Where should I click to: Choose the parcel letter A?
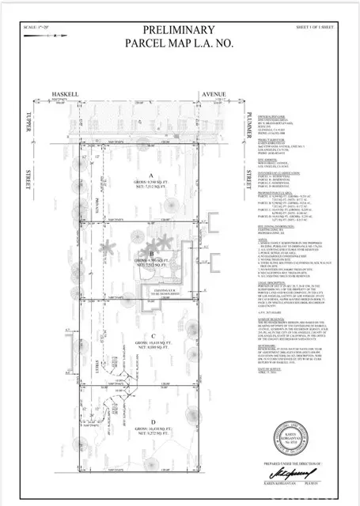tap(150, 176)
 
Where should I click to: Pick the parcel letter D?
tap(150, 420)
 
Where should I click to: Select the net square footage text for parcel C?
tap(150, 346)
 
